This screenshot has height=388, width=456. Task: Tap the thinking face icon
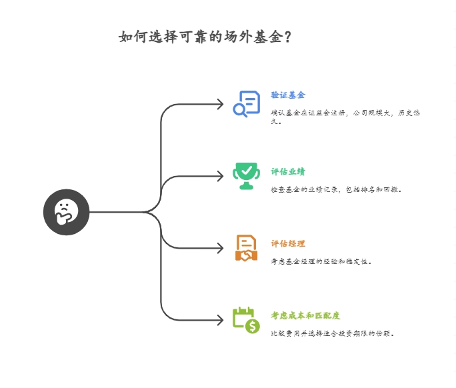[x=66, y=212]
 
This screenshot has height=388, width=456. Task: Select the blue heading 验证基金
[x=288, y=95]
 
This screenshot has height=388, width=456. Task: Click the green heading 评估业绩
[x=288, y=171]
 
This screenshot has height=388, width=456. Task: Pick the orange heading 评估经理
[x=288, y=243]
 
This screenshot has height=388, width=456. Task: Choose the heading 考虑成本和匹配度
[x=305, y=315]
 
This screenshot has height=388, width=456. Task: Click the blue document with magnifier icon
[x=246, y=104]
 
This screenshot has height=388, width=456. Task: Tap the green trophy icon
[x=246, y=175]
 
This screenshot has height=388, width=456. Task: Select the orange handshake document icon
[x=246, y=247]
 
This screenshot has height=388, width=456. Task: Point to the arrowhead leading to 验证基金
[x=221, y=104]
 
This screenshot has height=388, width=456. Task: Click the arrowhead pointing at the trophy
[x=221, y=176]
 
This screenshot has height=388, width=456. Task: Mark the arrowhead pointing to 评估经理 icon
[x=221, y=248]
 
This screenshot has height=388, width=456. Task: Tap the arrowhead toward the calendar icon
[x=221, y=320]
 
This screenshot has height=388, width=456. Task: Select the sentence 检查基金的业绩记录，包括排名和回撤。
[x=336, y=189]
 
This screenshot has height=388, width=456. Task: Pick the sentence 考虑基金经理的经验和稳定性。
[x=321, y=261]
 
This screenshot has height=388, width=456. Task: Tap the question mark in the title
[x=287, y=37]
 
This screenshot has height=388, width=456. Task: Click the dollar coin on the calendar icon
[x=252, y=326]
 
